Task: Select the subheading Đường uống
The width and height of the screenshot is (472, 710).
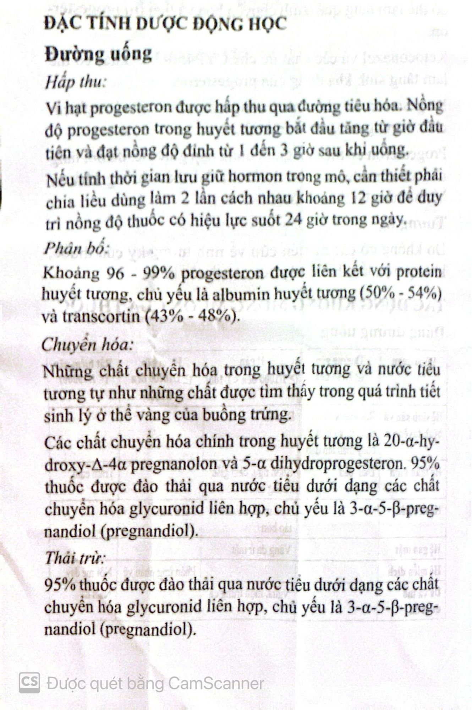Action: [99, 54]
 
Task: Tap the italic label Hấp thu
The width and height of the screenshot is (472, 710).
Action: [75, 82]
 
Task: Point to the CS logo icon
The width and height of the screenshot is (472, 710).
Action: [29, 682]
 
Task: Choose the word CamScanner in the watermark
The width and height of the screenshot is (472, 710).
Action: [216, 683]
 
